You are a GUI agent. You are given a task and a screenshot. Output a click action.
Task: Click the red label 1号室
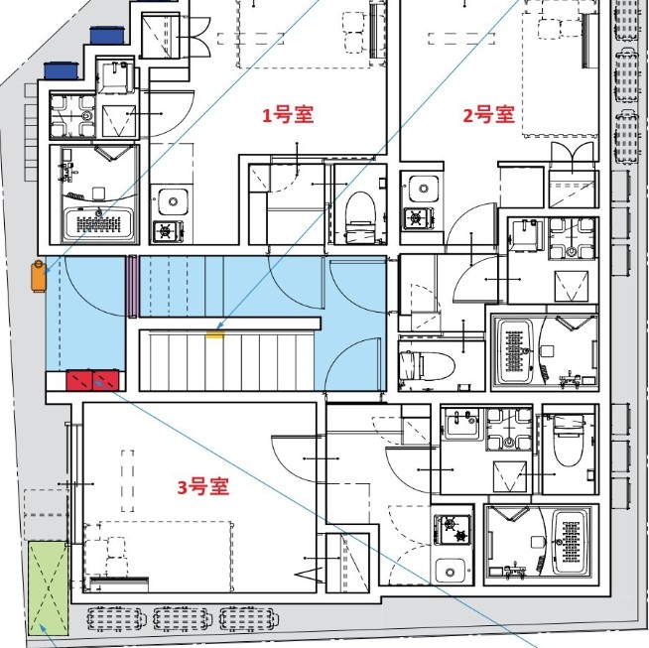287,115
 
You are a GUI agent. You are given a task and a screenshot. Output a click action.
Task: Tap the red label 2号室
489,114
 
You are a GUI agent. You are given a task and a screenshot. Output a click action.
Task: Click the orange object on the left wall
39,276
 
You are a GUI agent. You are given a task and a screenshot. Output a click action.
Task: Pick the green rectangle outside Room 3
47,586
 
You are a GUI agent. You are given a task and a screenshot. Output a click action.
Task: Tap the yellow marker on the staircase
214,334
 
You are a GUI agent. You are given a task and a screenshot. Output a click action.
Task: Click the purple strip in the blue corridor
131,287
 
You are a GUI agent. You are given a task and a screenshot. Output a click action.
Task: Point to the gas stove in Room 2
418,217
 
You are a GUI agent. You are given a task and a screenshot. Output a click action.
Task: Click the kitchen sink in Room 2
422,188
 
